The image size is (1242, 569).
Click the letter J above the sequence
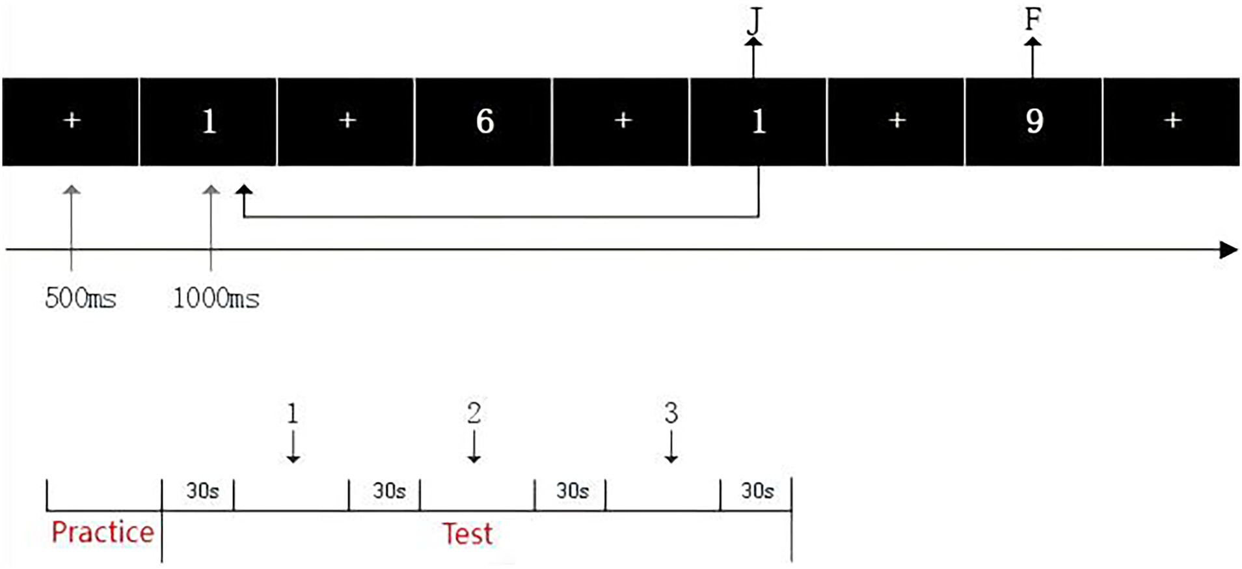(x=753, y=21)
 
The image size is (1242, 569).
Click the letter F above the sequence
(x=1033, y=20)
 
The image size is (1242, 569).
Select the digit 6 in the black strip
(x=485, y=121)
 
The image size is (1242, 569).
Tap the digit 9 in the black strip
(x=1034, y=121)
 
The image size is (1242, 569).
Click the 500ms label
(x=81, y=298)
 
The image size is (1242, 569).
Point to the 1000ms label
(x=216, y=298)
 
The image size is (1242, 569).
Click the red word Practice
(x=103, y=532)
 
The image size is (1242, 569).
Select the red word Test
(x=467, y=534)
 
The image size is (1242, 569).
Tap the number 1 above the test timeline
(x=293, y=413)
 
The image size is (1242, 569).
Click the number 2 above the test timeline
(x=474, y=413)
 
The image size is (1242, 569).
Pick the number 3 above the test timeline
(x=671, y=413)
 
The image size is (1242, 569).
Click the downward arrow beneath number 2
(x=474, y=448)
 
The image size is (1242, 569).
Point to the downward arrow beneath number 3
(x=671, y=448)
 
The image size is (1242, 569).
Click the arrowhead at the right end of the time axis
(x=1228, y=249)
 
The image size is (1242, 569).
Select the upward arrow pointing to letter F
(x=1033, y=57)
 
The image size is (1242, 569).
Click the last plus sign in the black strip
(x=1172, y=120)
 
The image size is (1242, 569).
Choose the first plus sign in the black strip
(x=72, y=120)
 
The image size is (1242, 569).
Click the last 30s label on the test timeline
(x=757, y=490)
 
